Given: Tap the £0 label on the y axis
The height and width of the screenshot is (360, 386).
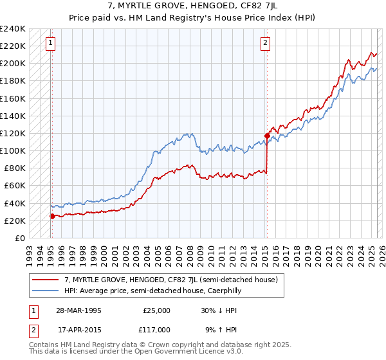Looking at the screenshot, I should point(19,238).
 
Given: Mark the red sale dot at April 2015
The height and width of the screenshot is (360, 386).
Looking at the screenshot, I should point(266,136).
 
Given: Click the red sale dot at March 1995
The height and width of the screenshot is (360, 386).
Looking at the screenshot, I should point(52,216).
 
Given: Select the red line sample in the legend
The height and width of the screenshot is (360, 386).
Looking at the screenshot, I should point(46,280).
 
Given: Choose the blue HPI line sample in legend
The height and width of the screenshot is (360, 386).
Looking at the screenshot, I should point(46,291).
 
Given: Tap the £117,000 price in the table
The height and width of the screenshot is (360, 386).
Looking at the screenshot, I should point(157,329).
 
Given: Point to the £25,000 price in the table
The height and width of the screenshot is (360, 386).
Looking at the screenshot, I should point(157,310).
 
